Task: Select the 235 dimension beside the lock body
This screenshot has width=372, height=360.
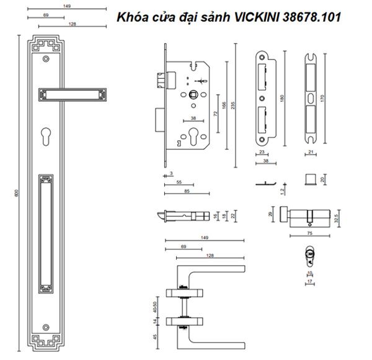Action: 232,105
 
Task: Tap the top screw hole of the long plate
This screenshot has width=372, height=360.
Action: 46,60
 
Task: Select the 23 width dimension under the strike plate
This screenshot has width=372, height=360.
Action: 261,151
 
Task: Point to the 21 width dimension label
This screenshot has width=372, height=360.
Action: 311,151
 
